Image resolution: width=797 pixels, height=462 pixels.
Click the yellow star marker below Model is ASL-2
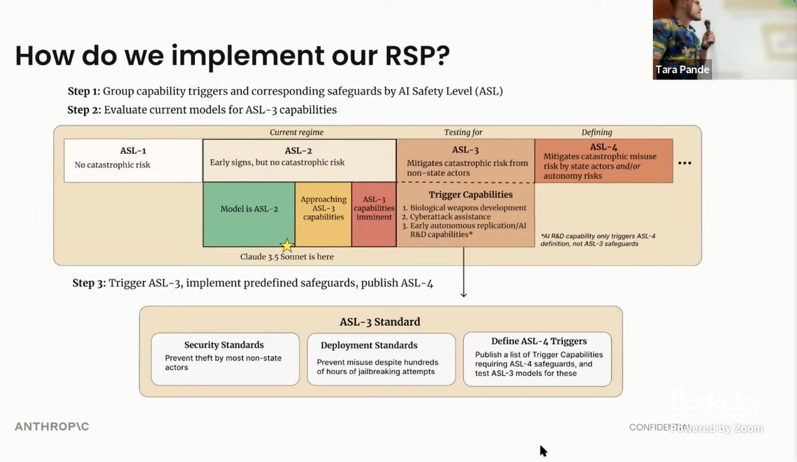point(287,246)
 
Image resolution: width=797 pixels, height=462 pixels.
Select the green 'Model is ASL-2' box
point(249,214)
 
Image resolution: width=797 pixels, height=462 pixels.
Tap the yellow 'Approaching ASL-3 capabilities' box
point(324,214)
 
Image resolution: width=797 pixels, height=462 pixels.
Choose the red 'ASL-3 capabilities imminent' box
point(374,214)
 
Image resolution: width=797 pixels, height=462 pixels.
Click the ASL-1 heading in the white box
point(133,151)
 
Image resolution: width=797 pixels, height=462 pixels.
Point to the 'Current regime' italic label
point(296,132)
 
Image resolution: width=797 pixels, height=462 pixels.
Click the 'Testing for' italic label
point(463,132)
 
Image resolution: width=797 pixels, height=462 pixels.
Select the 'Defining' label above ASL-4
point(597,132)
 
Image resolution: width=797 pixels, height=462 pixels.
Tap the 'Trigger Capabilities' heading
point(470,195)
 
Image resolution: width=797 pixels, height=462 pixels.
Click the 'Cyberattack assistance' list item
point(450,216)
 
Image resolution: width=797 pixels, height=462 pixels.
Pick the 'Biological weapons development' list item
point(468,208)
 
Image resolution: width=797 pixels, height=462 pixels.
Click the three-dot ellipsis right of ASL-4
point(685,163)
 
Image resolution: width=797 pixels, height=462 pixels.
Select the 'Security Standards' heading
point(224,345)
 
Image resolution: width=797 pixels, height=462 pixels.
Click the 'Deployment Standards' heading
point(369,345)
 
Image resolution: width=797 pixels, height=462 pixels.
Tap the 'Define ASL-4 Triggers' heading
point(539,341)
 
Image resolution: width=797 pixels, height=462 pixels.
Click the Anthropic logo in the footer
point(52,426)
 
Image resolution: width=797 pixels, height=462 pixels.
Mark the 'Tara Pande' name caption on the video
point(682,70)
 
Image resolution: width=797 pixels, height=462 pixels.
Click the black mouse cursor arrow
point(543,450)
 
